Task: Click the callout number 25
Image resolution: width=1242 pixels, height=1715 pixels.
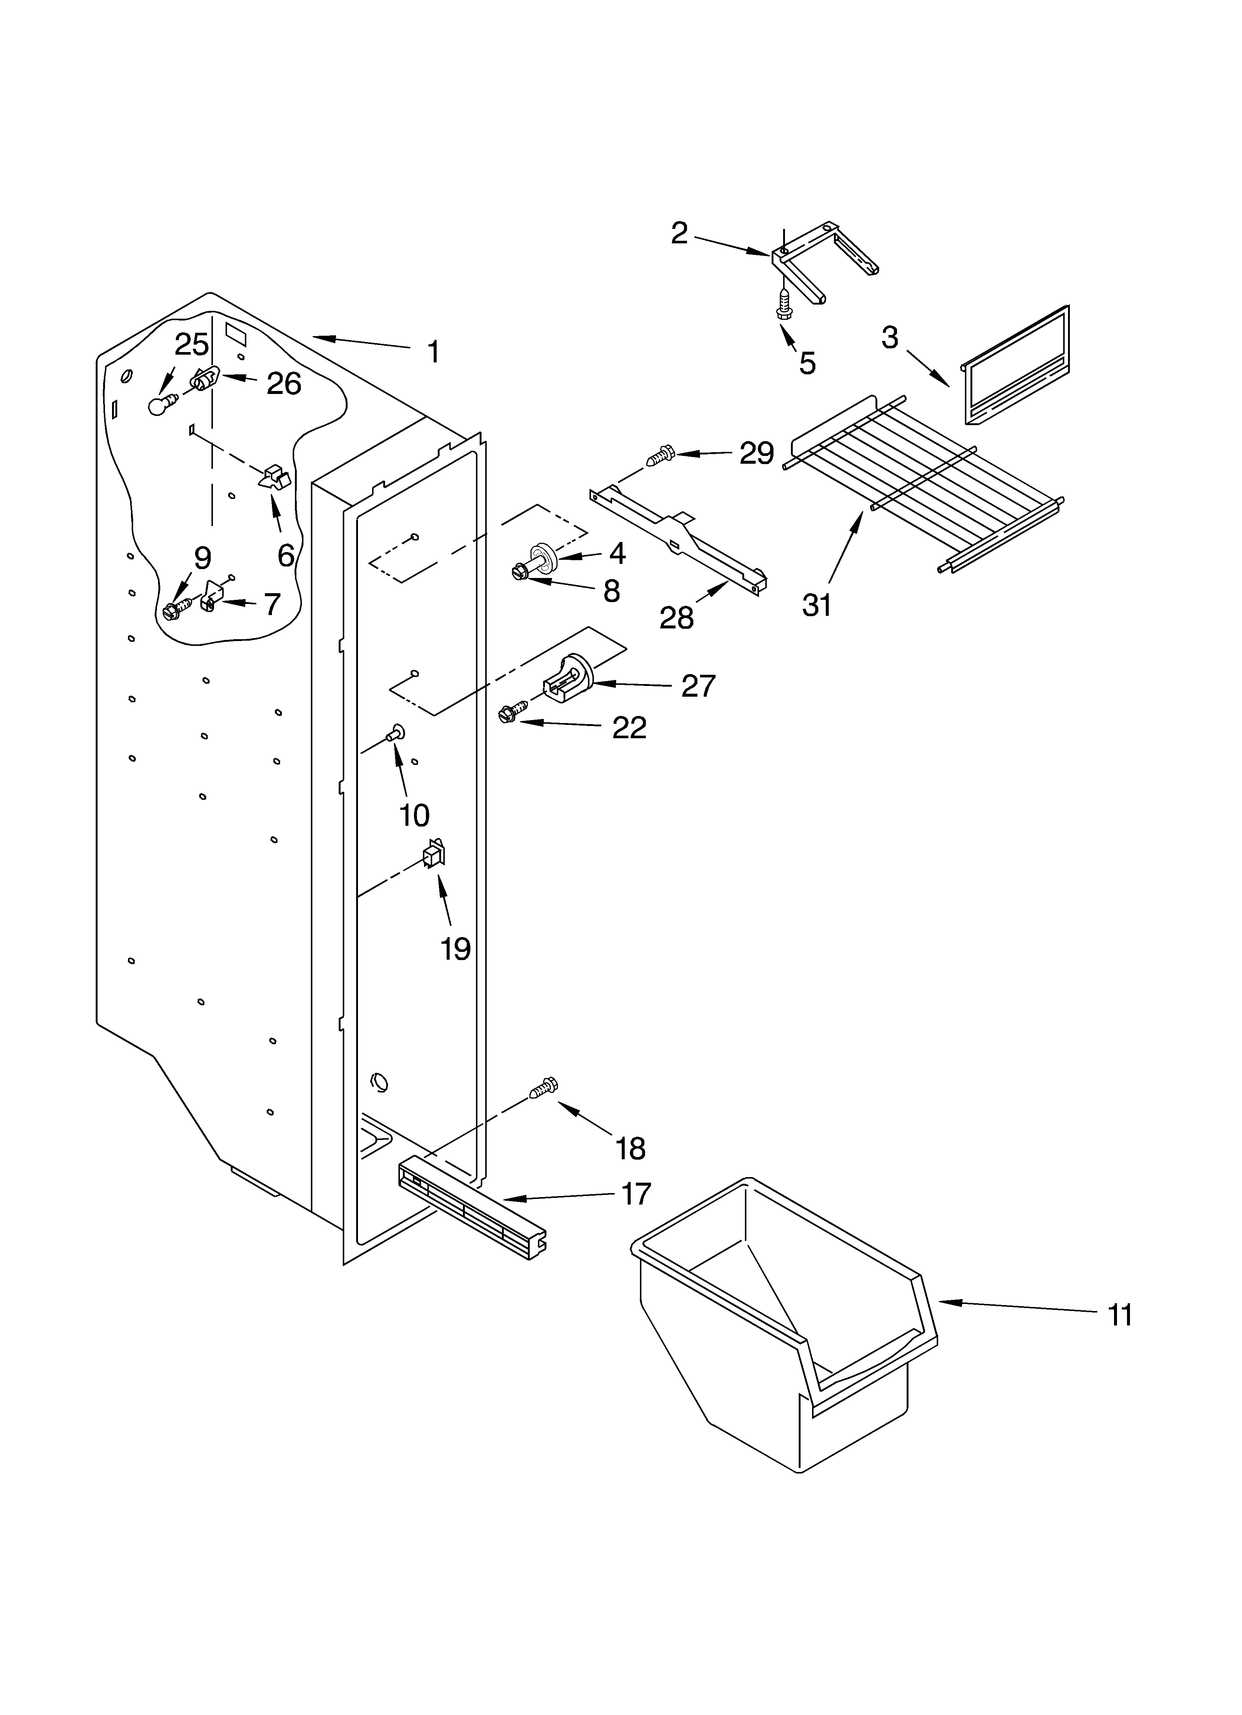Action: coord(191,345)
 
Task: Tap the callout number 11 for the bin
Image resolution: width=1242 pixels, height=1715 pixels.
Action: coord(1120,1316)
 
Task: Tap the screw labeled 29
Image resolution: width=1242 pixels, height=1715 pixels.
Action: coord(660,456)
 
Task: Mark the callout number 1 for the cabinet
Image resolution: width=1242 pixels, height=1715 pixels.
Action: coord(433,352)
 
